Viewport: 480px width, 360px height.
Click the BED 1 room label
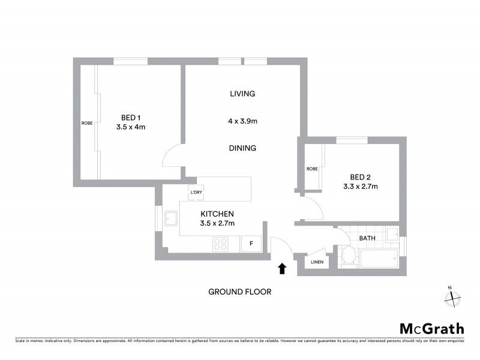131,118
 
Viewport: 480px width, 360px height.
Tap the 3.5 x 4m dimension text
131,127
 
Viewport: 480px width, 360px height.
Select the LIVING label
242,94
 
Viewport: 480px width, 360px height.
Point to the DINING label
242,148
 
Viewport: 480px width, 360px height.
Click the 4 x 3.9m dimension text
242,121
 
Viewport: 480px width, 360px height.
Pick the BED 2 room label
361,176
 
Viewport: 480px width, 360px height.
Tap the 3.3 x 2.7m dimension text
361,186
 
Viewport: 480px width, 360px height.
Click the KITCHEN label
217,214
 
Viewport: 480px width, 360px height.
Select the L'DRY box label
196,193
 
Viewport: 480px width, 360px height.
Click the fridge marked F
251,244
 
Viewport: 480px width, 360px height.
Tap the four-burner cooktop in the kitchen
220,244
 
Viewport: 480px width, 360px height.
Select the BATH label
367,238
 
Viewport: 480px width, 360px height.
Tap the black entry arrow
283,268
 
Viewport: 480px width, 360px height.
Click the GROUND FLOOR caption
240,292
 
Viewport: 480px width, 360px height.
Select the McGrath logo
432,328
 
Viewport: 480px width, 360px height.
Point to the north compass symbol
452,296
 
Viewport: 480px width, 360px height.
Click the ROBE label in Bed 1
87,123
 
